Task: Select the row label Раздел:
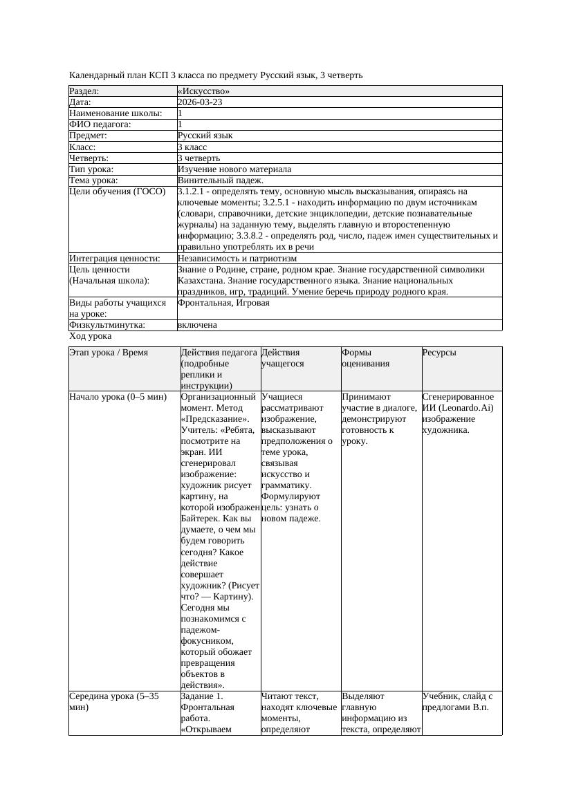click(84, 91)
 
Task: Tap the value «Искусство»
click(203, 91)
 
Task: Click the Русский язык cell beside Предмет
click(205, 136)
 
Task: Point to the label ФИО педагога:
click(100, 124)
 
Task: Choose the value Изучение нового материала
click(234, 169)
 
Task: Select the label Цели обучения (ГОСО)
click(118, 192)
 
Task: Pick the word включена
click(197, 325)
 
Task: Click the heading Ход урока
click(90, 336)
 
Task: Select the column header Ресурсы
click(440, 353)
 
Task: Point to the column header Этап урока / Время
click(109, 353)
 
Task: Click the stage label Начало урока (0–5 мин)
click(118, 397)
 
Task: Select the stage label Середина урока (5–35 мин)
click(114, 702)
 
